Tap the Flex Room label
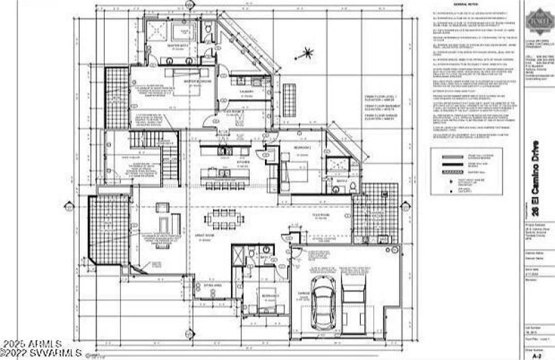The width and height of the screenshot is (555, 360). tap(321, 214)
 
